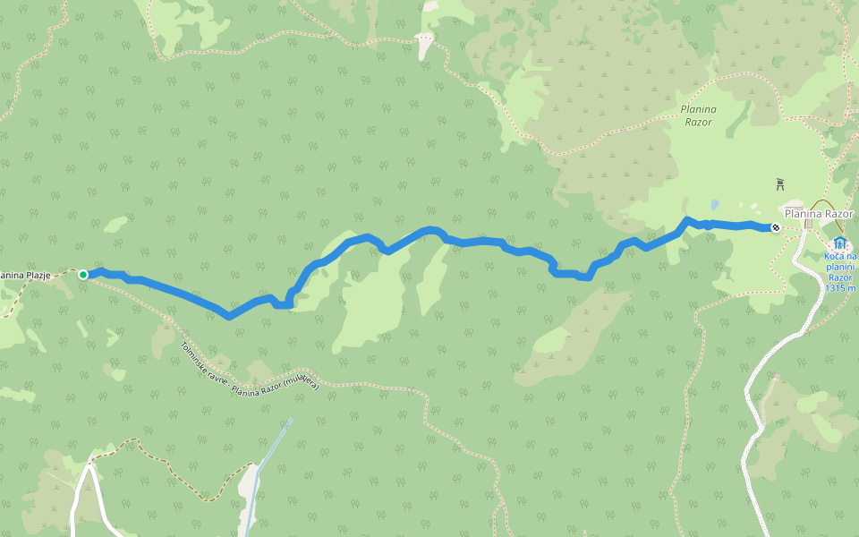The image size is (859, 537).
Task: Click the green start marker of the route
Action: coord(82,275)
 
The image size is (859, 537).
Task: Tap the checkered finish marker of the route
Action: coord(775,227)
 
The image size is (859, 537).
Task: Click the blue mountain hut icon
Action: coord(838,243)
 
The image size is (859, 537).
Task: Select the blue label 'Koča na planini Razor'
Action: coord(840,267)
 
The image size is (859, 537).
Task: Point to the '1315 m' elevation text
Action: coord(840,287)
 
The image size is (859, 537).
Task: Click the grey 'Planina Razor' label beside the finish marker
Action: coord(819,214)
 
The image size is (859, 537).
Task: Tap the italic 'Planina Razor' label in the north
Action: coord(698,115)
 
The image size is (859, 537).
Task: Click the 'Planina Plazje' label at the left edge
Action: coord(25,275)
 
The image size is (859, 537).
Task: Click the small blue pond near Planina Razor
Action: coord(714,203)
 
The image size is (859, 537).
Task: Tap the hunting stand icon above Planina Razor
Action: coord(780,184)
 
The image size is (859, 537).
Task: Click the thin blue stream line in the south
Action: coord(268,456)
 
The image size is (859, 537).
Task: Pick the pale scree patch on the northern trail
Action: coord(424,40)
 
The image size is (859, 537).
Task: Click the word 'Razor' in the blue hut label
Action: coord(840,277)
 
